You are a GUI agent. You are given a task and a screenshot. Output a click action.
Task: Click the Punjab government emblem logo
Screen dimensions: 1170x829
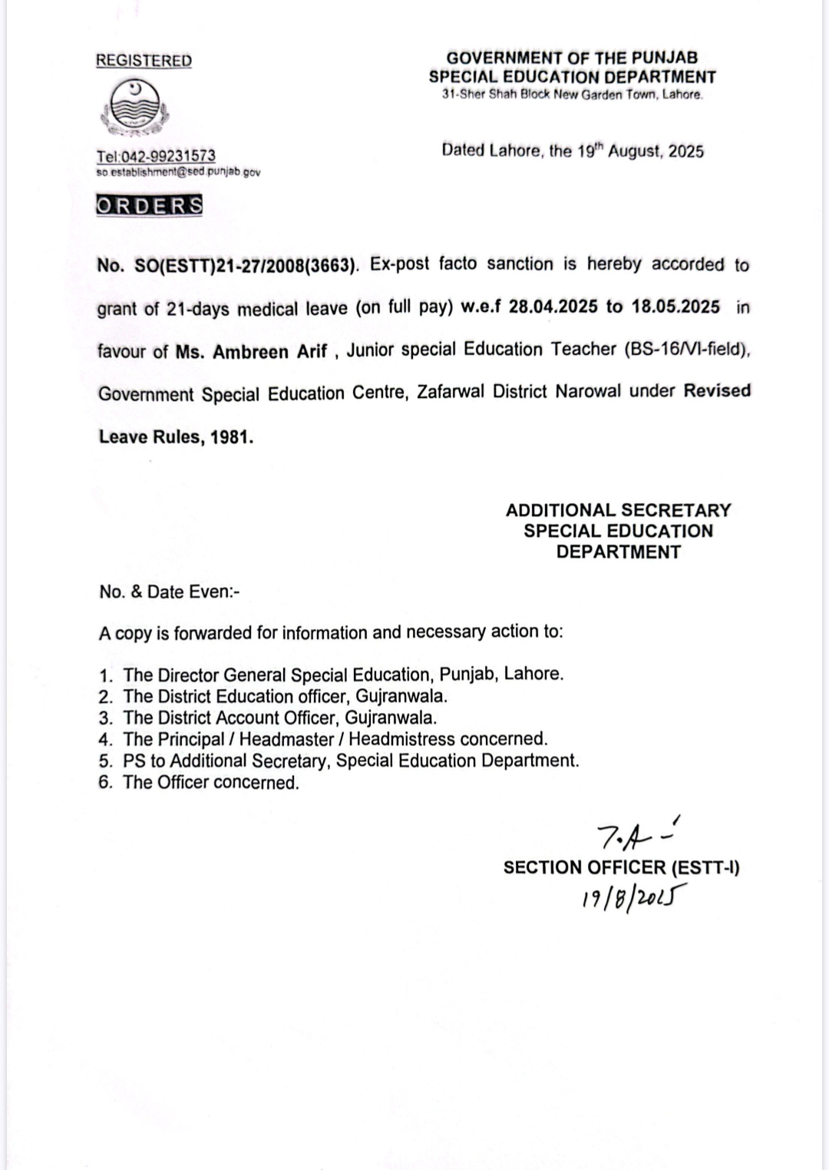click(132, 108)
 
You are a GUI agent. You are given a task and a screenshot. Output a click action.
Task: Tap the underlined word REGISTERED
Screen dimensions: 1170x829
click(144, 61)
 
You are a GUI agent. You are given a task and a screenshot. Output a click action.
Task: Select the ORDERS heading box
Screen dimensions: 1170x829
click(150, 206)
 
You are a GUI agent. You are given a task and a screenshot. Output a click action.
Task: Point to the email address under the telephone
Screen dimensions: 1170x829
click(178, 172)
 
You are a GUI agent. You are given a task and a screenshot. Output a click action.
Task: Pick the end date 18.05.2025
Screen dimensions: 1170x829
click(675, 307)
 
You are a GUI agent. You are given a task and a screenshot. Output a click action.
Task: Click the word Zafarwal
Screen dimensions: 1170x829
click(451, 393)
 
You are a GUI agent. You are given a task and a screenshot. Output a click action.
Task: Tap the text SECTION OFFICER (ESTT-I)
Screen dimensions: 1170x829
click(621, 867)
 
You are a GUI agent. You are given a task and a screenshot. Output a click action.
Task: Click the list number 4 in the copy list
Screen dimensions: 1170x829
click(105, 740)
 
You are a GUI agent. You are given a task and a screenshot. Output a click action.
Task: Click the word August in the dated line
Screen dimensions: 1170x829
click(635, 151)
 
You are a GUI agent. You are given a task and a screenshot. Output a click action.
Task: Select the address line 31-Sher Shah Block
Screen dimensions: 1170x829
click(572, 95)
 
